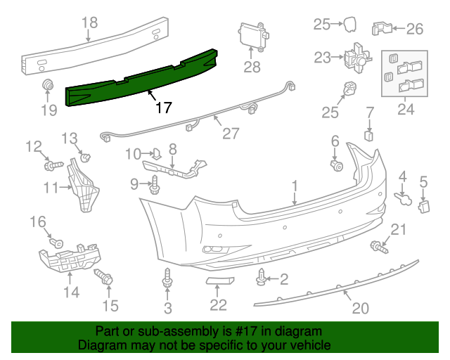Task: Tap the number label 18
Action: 89,22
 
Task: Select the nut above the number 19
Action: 48,86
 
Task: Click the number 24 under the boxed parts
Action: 406,109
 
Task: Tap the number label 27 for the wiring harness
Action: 231,133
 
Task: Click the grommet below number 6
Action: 336,166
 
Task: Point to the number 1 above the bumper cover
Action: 295,186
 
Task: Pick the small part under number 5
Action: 424,205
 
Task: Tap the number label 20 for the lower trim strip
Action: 359,308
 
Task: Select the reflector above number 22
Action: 218,282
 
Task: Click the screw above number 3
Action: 167,278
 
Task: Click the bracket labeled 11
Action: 85,186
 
